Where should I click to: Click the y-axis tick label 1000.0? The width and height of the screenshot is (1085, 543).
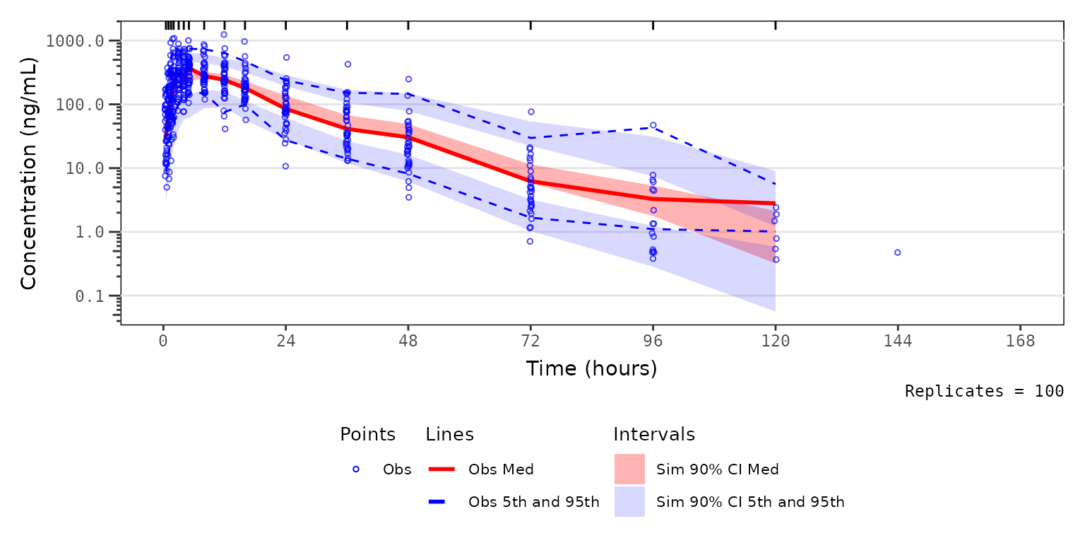click(x=75, y=41)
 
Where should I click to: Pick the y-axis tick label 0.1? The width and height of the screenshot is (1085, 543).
click(x=95, y=296)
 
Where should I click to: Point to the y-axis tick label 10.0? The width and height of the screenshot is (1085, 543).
click(x=85, y=169)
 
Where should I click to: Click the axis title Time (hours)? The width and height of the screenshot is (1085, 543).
click(x=591, y=368)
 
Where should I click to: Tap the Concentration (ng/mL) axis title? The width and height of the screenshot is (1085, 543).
click(x=28, y=173)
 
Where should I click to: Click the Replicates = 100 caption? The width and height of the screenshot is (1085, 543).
click(x=984, y=391)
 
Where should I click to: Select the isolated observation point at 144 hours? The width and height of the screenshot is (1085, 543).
click(x=897, y=252)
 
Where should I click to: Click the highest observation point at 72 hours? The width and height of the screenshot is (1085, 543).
click(x=531, y=112)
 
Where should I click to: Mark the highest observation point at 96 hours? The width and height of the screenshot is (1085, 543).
click(x=653, y=125)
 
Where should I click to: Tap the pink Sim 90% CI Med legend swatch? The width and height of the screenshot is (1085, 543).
click(x=629, y=469)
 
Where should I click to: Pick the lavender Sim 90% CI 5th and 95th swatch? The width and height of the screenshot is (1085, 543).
click(x=629, y=502)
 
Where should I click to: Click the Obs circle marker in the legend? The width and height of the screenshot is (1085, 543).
click(x=357, y=469)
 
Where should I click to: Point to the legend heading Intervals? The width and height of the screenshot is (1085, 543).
click(x=654, y=434)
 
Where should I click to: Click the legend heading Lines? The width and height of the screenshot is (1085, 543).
click(x=449, y=434)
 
